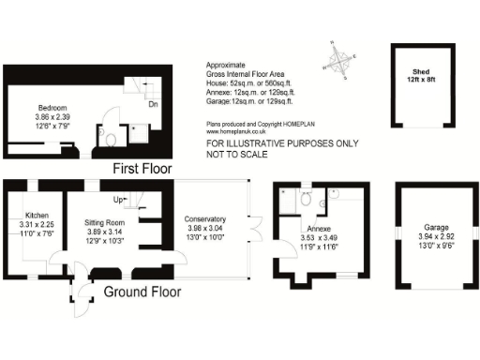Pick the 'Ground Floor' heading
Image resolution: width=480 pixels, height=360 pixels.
(x=141, y=292)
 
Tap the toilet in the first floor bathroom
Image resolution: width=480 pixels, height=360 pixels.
(x=112, y=141)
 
